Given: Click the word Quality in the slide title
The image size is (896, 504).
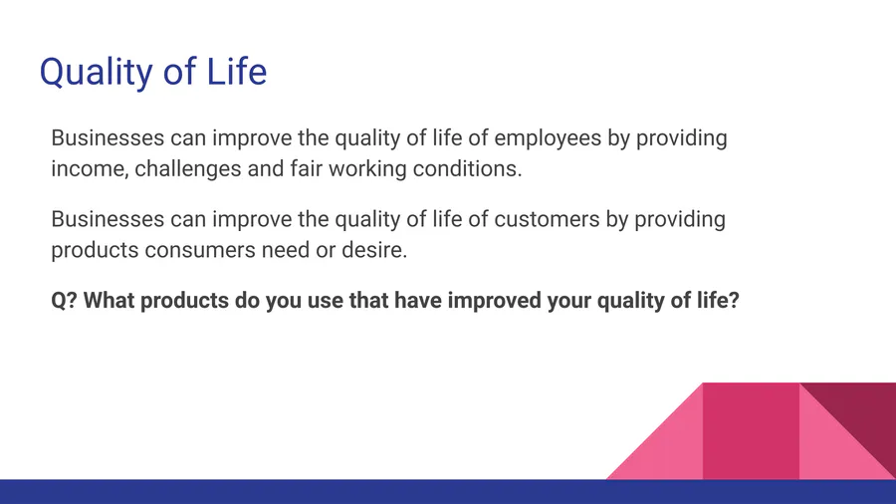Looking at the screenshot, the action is click(97, 72).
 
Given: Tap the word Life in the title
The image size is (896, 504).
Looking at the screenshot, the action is click(237, 71).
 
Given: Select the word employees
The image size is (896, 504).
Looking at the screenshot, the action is click(548, 138).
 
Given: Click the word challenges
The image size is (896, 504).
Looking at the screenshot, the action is click(187, 169).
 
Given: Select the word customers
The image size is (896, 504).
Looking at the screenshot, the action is click(547, 219).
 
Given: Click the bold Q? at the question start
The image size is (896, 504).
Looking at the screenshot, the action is click(64, 301).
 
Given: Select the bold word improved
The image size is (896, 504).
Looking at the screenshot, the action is click(494, 301).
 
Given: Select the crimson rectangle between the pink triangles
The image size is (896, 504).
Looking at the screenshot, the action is click(751, 431).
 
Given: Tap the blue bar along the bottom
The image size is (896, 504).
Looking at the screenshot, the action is click(448, 491).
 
